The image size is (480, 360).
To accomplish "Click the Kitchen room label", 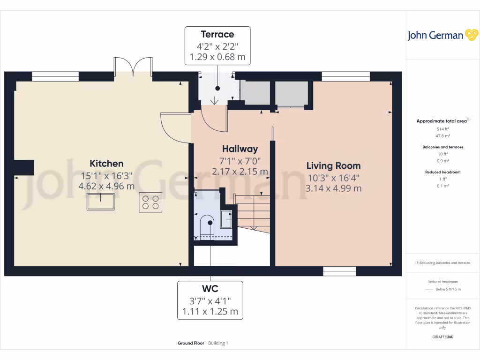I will [x=106, y=164].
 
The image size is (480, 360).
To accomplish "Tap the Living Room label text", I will [x=333, y=165].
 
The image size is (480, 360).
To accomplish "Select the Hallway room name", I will [x=240, y=149].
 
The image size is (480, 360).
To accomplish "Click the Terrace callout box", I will [x=217, y=45].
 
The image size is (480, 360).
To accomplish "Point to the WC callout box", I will [x=210, y=300].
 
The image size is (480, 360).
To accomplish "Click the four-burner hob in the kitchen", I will [x=150, y=202].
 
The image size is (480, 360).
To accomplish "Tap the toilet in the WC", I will [x=206, y=228].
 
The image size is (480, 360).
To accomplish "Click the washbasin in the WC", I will [x=226, y=219].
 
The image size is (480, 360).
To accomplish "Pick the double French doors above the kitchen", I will [x=133, y=67].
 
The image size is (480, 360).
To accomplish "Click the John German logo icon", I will [x=471, y=35].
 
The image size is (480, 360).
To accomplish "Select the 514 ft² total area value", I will [x=442, y=129].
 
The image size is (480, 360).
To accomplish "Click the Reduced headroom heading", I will [x=442, y=172].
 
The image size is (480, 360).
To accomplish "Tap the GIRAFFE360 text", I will [x=443, y=337].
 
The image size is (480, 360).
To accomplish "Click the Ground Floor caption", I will [x=191, y=343].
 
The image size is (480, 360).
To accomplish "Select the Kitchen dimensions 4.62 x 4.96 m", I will [x=106, y=186].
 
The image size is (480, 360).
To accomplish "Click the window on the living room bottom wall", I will [x=339, y=271].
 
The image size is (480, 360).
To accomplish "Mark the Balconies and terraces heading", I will [x=442, y=147].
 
